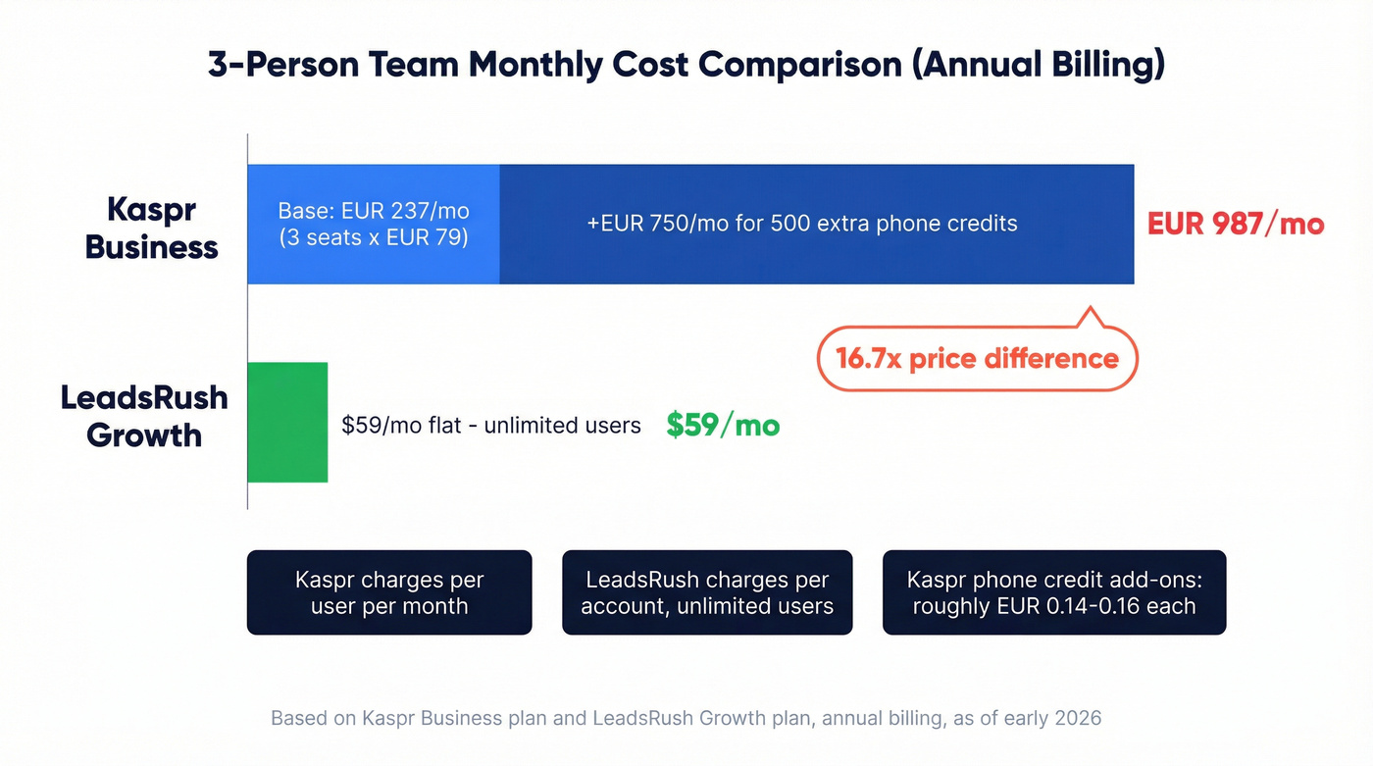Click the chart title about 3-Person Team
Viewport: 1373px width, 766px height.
686,65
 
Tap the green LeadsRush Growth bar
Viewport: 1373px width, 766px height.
286,423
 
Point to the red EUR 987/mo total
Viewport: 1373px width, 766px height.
1236,224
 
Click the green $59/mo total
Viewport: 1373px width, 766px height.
723,425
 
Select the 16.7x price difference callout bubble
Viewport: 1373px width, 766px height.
977,359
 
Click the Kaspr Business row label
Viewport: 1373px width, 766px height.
151,228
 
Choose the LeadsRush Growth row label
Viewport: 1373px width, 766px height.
144,416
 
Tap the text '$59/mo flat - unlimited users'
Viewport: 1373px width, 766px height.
491,426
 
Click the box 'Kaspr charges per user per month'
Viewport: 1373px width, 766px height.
389,592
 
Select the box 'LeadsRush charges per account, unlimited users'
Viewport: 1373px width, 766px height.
707,592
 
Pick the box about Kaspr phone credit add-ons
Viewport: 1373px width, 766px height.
1054,592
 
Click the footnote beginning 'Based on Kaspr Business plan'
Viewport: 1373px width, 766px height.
686,718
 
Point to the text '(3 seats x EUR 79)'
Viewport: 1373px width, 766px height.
374,237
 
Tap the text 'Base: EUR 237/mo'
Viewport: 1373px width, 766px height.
374,211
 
